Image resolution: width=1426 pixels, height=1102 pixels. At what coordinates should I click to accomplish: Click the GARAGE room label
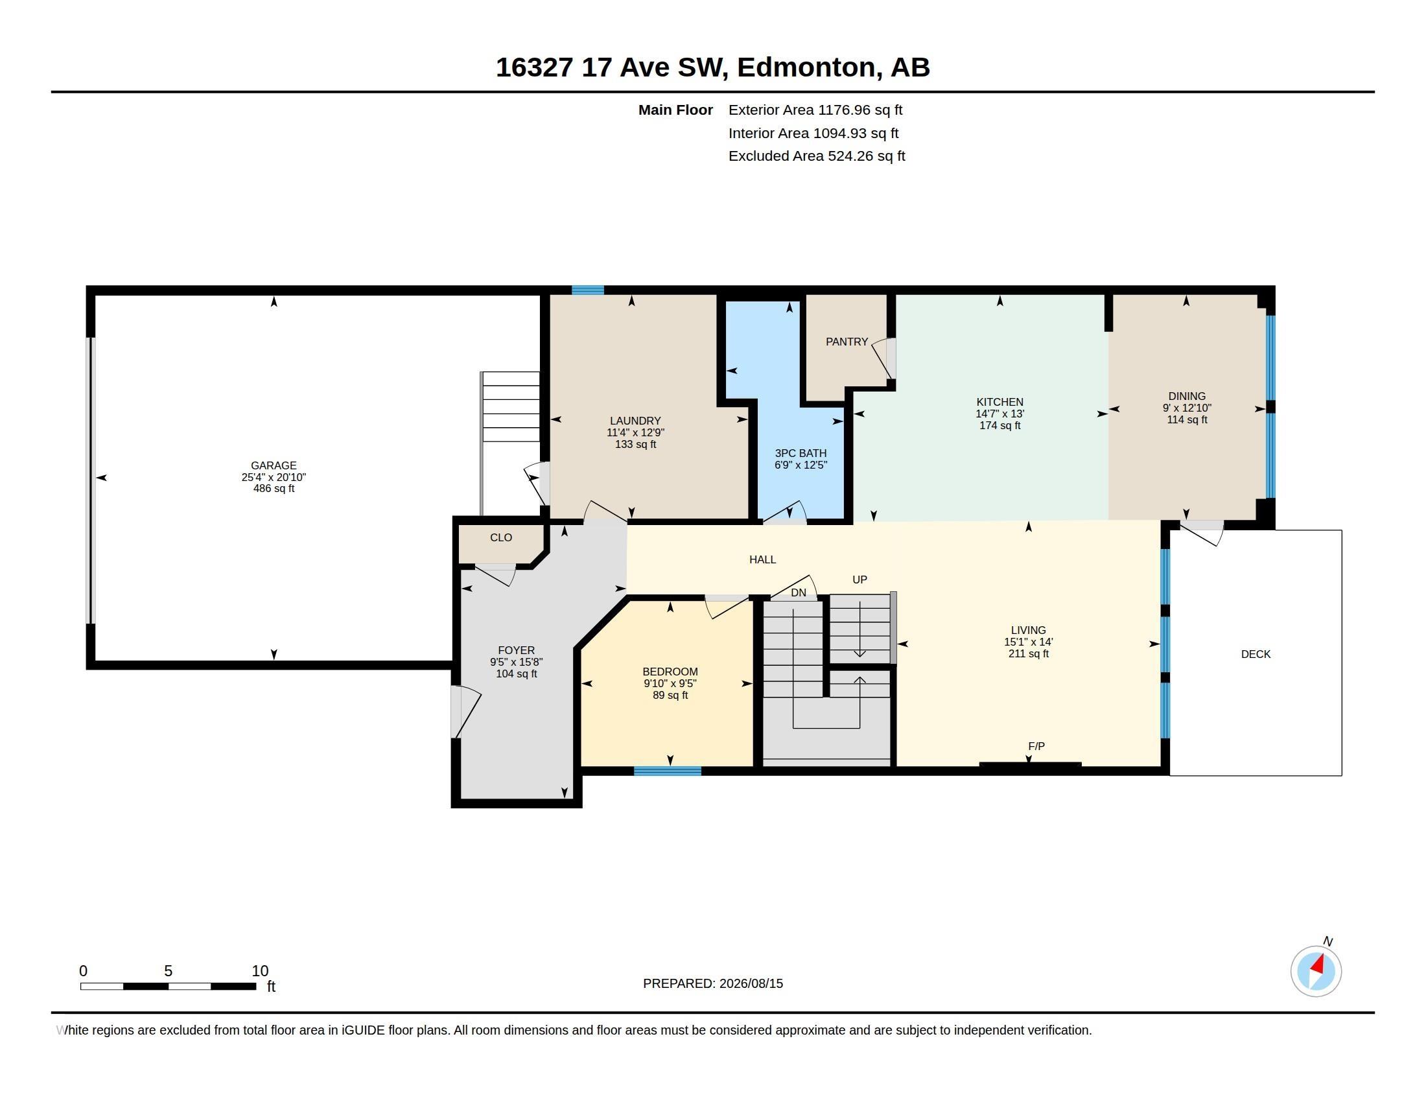click(x=274, y=465)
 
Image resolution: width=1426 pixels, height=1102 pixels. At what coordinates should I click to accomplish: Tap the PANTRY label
click(x=847, y=342)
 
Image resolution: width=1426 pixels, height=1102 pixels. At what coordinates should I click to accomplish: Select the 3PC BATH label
click(x=801, y=453)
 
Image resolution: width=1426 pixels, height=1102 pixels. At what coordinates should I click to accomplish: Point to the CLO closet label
click(x=501, y=537)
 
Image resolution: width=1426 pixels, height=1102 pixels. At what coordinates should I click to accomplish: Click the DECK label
click(x=1256, y=654)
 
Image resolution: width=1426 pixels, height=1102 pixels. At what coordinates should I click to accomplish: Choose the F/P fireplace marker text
click(x=1036, y=746)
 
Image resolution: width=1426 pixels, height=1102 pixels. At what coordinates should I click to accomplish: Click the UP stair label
click(x=859, y=580)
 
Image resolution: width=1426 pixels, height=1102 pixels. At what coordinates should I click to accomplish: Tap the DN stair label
click(x=799, y=592)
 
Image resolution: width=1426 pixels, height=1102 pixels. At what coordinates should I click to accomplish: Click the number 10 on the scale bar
click(x=260, y=971)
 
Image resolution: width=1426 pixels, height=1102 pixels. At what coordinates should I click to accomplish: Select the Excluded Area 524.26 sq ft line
click(x=817, y=156)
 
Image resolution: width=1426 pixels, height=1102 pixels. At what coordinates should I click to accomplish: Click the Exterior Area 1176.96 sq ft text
click(x=815, y=110)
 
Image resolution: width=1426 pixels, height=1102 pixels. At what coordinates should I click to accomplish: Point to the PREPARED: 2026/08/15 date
click(x=713, y=983)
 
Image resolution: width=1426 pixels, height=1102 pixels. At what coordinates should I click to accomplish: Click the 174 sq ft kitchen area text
click(x=999, y=426)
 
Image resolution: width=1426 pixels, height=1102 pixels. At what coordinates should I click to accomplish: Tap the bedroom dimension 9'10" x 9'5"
click(x=670, y=683)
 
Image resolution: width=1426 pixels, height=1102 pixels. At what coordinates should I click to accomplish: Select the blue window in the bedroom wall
click(x=667, y=771)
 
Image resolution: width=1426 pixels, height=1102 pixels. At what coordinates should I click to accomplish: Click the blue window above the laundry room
click(x=588, y=290)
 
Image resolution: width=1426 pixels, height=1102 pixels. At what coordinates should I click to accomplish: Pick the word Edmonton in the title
click(x=806, y=67)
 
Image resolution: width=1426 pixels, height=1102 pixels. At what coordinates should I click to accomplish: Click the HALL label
click(x=763, y=559)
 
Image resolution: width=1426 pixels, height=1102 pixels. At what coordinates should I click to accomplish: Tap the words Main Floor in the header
click(x=675, y=110)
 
